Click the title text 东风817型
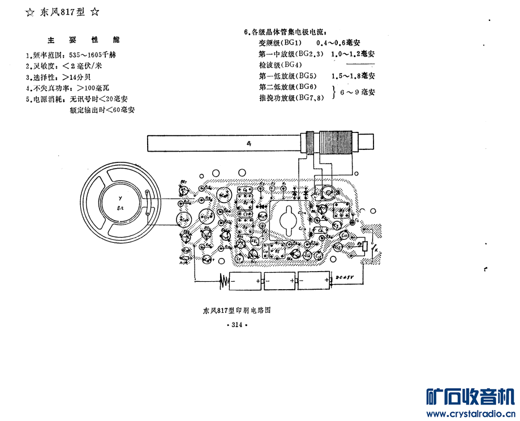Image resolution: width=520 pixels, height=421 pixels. tap(62, 12)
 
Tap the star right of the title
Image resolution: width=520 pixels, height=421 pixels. tap(95, 12)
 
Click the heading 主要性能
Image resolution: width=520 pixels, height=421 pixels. tap(83, 40)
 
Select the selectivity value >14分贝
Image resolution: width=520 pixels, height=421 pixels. tap(74, 77)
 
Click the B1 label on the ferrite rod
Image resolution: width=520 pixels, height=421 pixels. tap(249, 143)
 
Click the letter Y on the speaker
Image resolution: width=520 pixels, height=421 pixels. tap(119, 198)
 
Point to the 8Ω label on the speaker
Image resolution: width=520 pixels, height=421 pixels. tap(119, 209)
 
